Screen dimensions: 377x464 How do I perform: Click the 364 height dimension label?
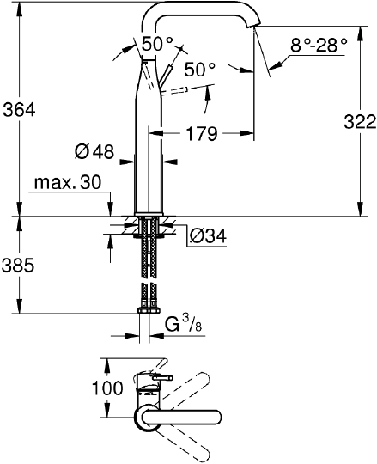coord(19,110)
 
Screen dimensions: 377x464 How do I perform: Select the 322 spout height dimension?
coord(360,122)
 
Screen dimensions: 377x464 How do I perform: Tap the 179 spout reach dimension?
coord(202,133)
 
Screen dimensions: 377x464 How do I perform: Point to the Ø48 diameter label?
coord(94,152)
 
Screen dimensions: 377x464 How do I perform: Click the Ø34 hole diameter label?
coord(208,235)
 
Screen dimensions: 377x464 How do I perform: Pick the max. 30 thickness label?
coord(68,182)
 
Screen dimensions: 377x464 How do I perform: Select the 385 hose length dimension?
coord(18,266)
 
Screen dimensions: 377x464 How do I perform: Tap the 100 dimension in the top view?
coord(107,388)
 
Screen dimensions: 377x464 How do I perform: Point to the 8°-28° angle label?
coord(319,46)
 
